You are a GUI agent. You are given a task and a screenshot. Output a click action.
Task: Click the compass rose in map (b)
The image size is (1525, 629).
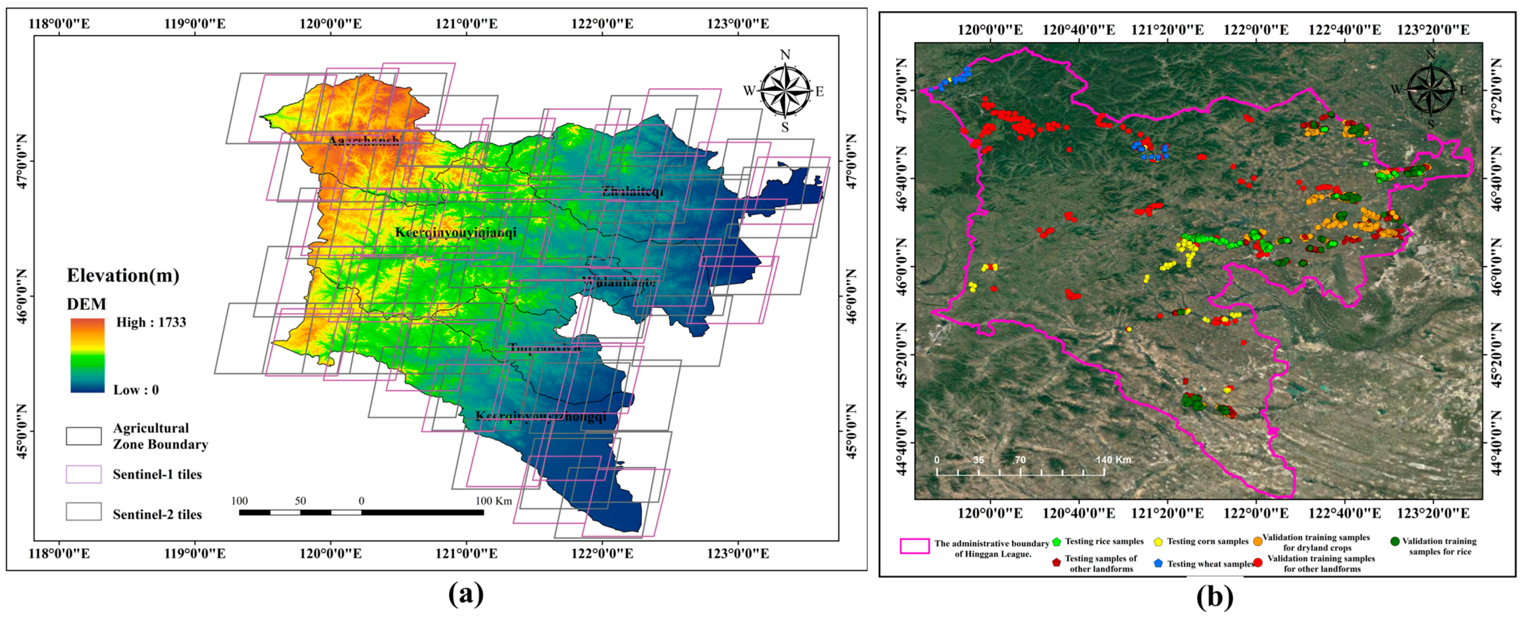click(1431, 90)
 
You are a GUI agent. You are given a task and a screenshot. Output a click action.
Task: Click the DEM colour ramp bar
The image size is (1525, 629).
click(88, 355)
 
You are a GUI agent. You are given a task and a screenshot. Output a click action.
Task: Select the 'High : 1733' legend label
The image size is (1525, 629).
click(151, 322)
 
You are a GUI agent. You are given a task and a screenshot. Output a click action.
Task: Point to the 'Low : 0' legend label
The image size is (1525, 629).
click(136, 390)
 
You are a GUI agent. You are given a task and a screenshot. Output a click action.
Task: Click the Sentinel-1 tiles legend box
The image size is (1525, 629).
click(83, 474)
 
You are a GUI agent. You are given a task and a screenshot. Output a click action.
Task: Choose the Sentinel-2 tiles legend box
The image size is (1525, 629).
click(83, 512)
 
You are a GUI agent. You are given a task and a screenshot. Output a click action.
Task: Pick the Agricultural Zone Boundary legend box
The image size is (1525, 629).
click(83, 436)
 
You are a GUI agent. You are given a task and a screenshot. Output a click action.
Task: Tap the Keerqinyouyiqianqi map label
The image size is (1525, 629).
click(455, 232)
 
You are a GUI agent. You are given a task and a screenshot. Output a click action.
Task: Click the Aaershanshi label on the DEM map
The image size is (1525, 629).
click(364, 140)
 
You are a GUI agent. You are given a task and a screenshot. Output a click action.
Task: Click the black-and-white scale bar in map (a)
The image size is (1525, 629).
click(361, 512)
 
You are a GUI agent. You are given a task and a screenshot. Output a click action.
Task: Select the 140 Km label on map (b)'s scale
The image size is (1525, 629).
click(1113, 460)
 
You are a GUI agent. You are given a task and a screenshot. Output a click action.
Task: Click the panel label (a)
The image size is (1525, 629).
click(466, 594)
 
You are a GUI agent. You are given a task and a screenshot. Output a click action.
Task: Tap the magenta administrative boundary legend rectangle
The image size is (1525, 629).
click(914, 546)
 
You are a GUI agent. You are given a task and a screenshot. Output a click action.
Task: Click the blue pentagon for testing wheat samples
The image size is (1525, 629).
click(1159, 563)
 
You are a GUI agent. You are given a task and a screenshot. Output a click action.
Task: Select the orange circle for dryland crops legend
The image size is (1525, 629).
click(1257, 541)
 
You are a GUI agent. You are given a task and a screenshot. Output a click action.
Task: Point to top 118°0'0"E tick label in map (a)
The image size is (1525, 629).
click(59, 24)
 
